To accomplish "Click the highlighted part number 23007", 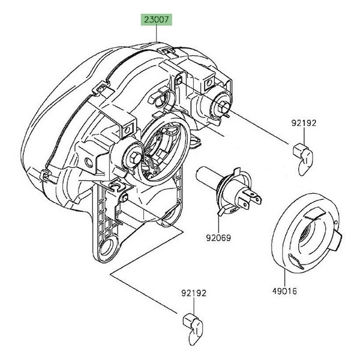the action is coord(157,20).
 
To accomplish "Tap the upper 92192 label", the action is coord(304,123).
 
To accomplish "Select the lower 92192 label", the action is coord(194,293).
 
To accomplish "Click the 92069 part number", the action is coord(218,238).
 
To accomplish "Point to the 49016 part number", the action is coord(284,291).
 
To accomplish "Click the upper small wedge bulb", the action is coord(303,159).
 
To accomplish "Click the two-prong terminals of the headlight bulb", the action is coord(250,199).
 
